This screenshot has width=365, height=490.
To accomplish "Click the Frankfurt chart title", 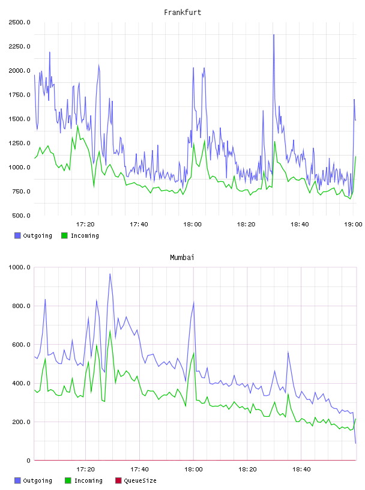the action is (x=182, y=13).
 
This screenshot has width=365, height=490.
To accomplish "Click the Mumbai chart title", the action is (x=182, y=258).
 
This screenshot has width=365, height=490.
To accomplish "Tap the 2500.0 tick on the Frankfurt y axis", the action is (x=19, y=22).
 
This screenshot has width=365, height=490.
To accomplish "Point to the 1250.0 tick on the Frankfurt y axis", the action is (x=19, y=143).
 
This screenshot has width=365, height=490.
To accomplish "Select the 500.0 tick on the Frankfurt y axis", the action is (x=21, y=216).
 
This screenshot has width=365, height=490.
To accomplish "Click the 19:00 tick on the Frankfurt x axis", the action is (x=353, y=225).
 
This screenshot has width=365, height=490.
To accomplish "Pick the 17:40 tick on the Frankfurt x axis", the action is (x=139, y=225).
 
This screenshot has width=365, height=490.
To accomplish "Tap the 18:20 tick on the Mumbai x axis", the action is (x=247, y=470).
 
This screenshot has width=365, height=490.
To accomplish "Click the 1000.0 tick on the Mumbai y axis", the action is (x=19, y=267).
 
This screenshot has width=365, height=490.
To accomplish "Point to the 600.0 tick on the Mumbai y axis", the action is (x=21, y=345).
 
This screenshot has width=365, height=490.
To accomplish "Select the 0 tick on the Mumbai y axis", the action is (x=28, y=461).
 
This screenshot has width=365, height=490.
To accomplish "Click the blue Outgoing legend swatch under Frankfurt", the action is (x=17, y=235).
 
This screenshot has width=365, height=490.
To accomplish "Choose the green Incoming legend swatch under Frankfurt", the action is (x=64, y=235).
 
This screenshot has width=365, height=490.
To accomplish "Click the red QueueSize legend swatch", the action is (x=118, y=480).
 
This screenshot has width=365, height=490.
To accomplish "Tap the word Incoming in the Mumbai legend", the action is (x=88, y=481).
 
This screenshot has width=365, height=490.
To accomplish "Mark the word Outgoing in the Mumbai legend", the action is (x=37, y=481).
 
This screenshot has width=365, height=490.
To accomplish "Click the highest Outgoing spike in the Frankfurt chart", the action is (x=274, y=35).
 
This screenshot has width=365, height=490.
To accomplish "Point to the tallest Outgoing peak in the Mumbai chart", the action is (x=110, y=274).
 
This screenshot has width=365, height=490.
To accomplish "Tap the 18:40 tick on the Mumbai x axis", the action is (x=301, y=470).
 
